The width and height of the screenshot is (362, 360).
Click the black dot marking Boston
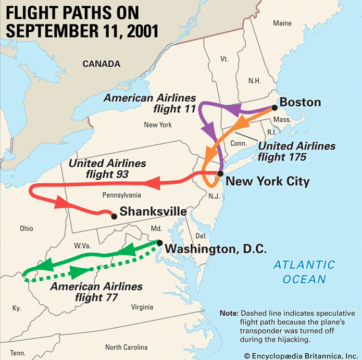(274, 108)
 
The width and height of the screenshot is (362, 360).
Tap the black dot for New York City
(221, 173)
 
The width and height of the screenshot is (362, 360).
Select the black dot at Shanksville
(114, 215)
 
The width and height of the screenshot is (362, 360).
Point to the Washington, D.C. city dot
(160, 243)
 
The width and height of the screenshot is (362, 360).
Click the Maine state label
(283, 23)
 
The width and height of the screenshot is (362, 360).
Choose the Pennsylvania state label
(122, 195)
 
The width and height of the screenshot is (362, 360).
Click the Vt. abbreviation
(224, 59)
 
